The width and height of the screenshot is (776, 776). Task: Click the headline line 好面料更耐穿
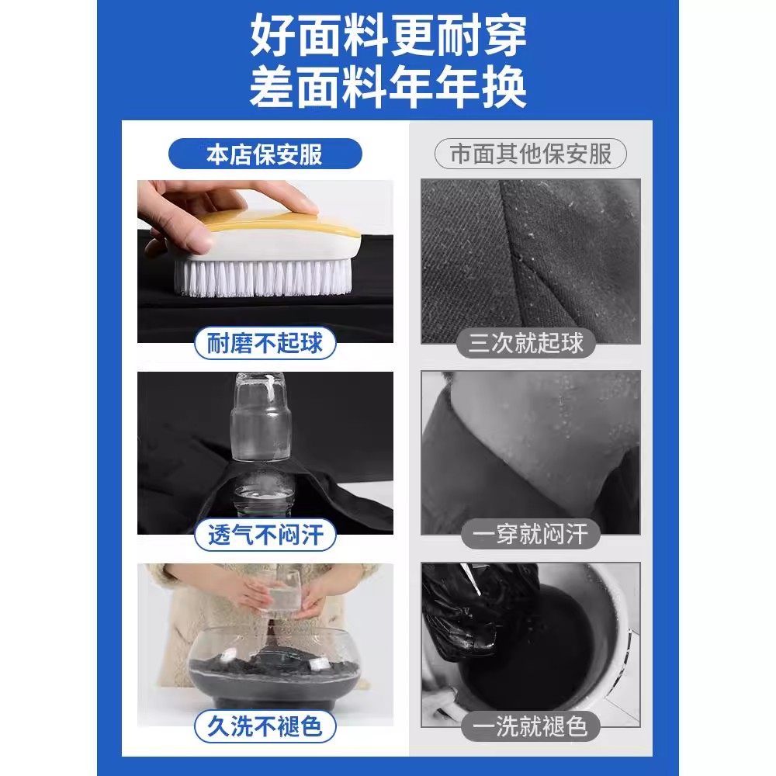click(x=388, y=36)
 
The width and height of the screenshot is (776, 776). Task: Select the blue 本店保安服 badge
click(x=265, y=154)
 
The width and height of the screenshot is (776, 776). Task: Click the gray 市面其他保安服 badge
click(x=531, y=154)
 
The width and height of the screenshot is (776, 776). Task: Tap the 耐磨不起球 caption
click(x=265, y=342)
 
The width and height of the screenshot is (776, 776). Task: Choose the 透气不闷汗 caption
click(x=265, y=535)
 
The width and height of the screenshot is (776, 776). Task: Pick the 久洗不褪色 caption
click(x=265, y=727)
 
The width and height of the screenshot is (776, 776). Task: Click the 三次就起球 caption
click(x=531, y=342)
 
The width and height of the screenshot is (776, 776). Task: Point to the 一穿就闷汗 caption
click(x=531, y=535)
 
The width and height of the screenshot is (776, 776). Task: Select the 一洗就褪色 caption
click(x=531, y=727)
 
